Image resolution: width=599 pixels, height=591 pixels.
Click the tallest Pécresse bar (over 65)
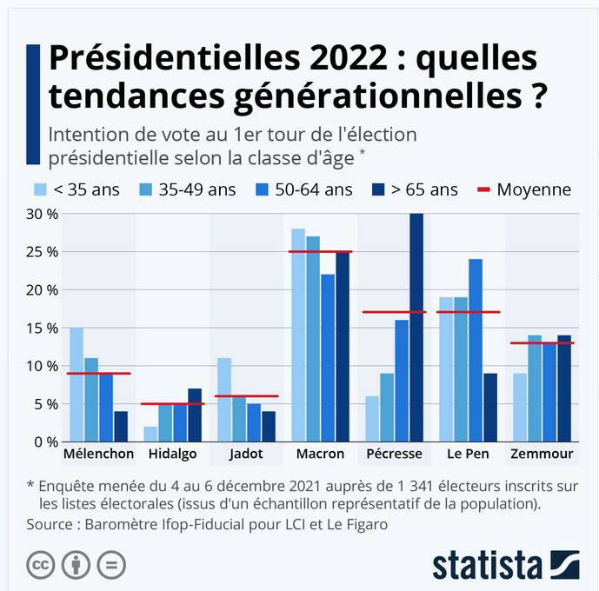pos(416,328)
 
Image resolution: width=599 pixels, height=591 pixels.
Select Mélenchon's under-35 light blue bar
pos(77,385)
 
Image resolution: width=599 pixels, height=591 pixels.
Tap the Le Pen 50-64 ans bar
pos(475,350)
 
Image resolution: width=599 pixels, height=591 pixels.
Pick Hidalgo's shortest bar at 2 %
pos(150,434)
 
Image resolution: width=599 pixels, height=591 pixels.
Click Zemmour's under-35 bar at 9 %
pos(519,408)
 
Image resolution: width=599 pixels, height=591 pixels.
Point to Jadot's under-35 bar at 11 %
pos(224,400)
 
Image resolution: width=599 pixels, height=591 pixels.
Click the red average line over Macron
pos(321,252)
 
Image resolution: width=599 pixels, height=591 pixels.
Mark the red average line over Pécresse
pos(394,312)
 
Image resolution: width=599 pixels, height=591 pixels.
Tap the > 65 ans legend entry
pos(416,189)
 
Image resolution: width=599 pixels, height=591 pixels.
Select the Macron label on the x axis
pos(320,455)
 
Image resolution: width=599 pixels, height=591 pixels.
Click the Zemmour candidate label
pos(542,455)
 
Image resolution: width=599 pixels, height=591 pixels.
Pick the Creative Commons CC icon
pos(39,564)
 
